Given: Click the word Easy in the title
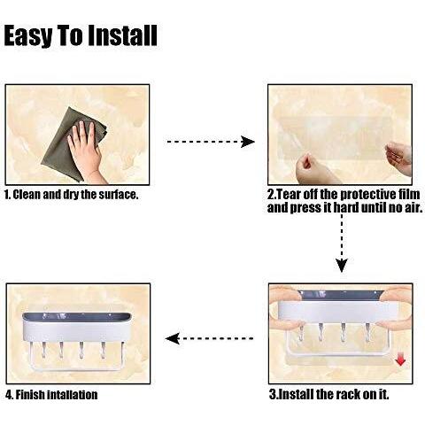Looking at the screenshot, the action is pyautogui.click(x=28, y=35).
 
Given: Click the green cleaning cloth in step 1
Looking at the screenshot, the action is pyautogui.click(x=73, y=144).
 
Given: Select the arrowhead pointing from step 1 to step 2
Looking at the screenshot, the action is pyautogui.click(x=247, y=142).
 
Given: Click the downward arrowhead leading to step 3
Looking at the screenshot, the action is pyautogui.click(x=342, y=265).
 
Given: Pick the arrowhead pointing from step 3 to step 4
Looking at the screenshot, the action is pyautogui.click(x=173, y=338).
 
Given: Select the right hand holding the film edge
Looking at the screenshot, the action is pyautogui.click(x=399, y=157).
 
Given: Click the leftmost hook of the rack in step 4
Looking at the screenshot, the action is pyautogui.click(x=44, y=350).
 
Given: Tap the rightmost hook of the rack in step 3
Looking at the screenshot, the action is pyautogui.click(x=367, y=332).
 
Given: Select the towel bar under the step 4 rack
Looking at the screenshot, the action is pyautogui.click(x=77, y=368).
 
